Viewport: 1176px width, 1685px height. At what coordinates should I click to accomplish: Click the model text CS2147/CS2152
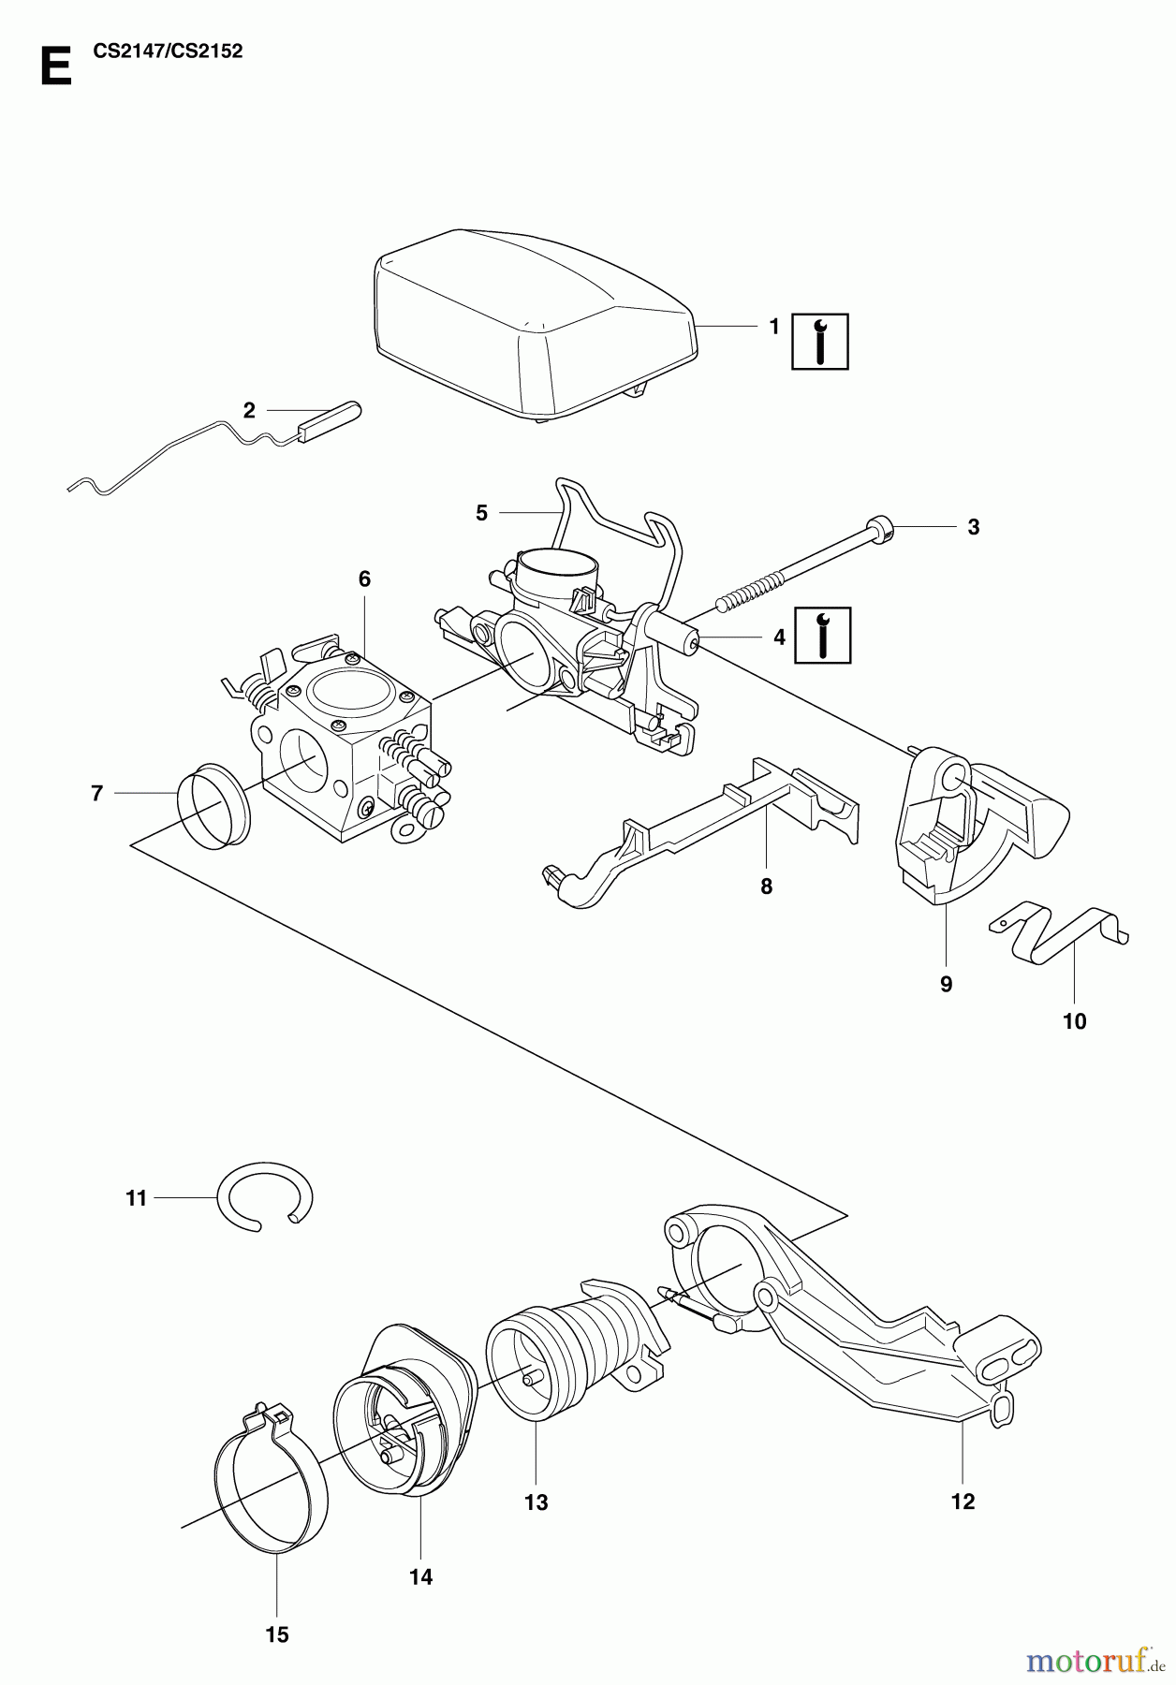click(x=169, y=51)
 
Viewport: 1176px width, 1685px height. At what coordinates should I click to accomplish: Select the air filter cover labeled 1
click(x=534, y=318)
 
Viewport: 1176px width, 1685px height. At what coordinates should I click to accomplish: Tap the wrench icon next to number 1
click(x=820, y=341)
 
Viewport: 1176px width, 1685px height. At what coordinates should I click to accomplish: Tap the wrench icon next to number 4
click(x=823, y=636)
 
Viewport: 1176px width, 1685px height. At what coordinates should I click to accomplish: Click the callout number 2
click(x=249, y=409)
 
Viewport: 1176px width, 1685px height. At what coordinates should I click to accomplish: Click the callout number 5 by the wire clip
click(x=481, y=512)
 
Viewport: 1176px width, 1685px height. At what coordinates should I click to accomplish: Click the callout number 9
click(x=946, y=984)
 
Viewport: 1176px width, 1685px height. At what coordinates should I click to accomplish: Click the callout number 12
click(x=963, y=1502)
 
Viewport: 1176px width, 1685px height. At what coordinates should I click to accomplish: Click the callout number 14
click(x=421, y=1577)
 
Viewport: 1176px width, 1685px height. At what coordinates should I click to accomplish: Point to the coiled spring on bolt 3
click(x=749, y=595)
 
